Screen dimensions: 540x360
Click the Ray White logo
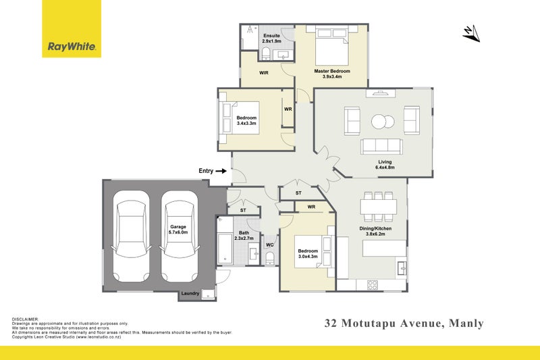pyautogui.click(x=72, y=28)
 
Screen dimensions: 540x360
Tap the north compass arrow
pyautogui.click(x=471, y=33)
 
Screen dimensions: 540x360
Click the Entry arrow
pyautogui.click(x=221, y=171)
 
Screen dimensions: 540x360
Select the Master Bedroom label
pyautogui.click(x=332, y=72)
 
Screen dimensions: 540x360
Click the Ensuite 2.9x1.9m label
pyautogui.click(x=272, y=38)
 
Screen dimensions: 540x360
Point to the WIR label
pyautogui.click(x=264, y=73)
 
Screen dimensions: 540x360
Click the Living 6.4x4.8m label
pyautogui.click(x=385, y=165)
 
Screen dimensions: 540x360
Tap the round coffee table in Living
pyautogui.click(x=383, y=122)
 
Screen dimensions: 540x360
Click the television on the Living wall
pyautogui.click(x=381, y=93)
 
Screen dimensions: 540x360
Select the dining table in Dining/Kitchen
pyautogui.click(x=379, y=207)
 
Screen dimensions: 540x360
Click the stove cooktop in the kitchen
pyautogui.click(x=373, y=285)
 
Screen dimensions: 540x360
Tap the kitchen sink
pyautogui.click(x=402, y=268)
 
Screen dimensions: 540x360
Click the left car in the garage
pyautogui.click(x=131, y=236)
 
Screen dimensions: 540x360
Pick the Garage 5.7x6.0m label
pyautogui.click(x=178, y=230)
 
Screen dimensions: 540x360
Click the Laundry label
pyautogui.click(x=190, y=294)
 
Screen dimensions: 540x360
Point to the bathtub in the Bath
pyautogui.click(x=225, y=248)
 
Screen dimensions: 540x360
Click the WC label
pyautogui.click(x=269, y=245)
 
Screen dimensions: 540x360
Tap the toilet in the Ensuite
pyautogui.click(x=265, y=54)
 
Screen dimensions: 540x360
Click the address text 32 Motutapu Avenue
pyautogui.click(x=383, y=323)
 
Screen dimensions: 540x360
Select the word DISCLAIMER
pyautogui.click(x=25, y=319)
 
